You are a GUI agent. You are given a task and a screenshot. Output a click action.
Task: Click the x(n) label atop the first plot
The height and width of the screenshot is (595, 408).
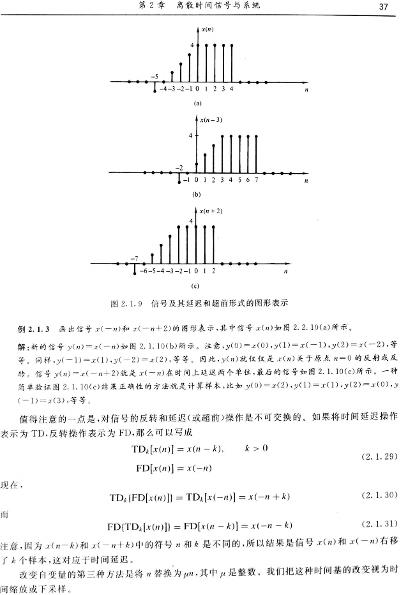(206, 29)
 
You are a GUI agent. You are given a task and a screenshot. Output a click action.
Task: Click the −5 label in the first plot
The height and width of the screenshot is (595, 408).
(155, 76)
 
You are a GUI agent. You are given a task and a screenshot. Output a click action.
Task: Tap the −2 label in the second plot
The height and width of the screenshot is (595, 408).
(180, 167)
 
